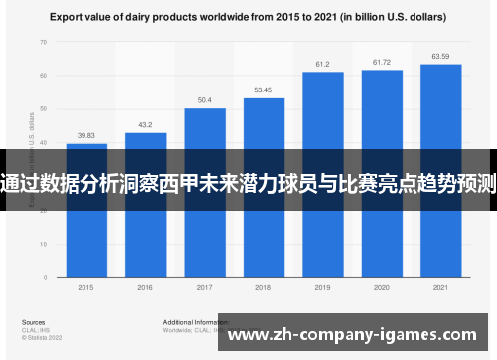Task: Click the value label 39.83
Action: [86, 136]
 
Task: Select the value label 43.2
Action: [145, 125]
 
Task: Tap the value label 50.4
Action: [205, 100]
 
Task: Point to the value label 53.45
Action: [263, 90]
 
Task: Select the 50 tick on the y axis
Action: [43, 108]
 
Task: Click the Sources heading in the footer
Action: [32, 323]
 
